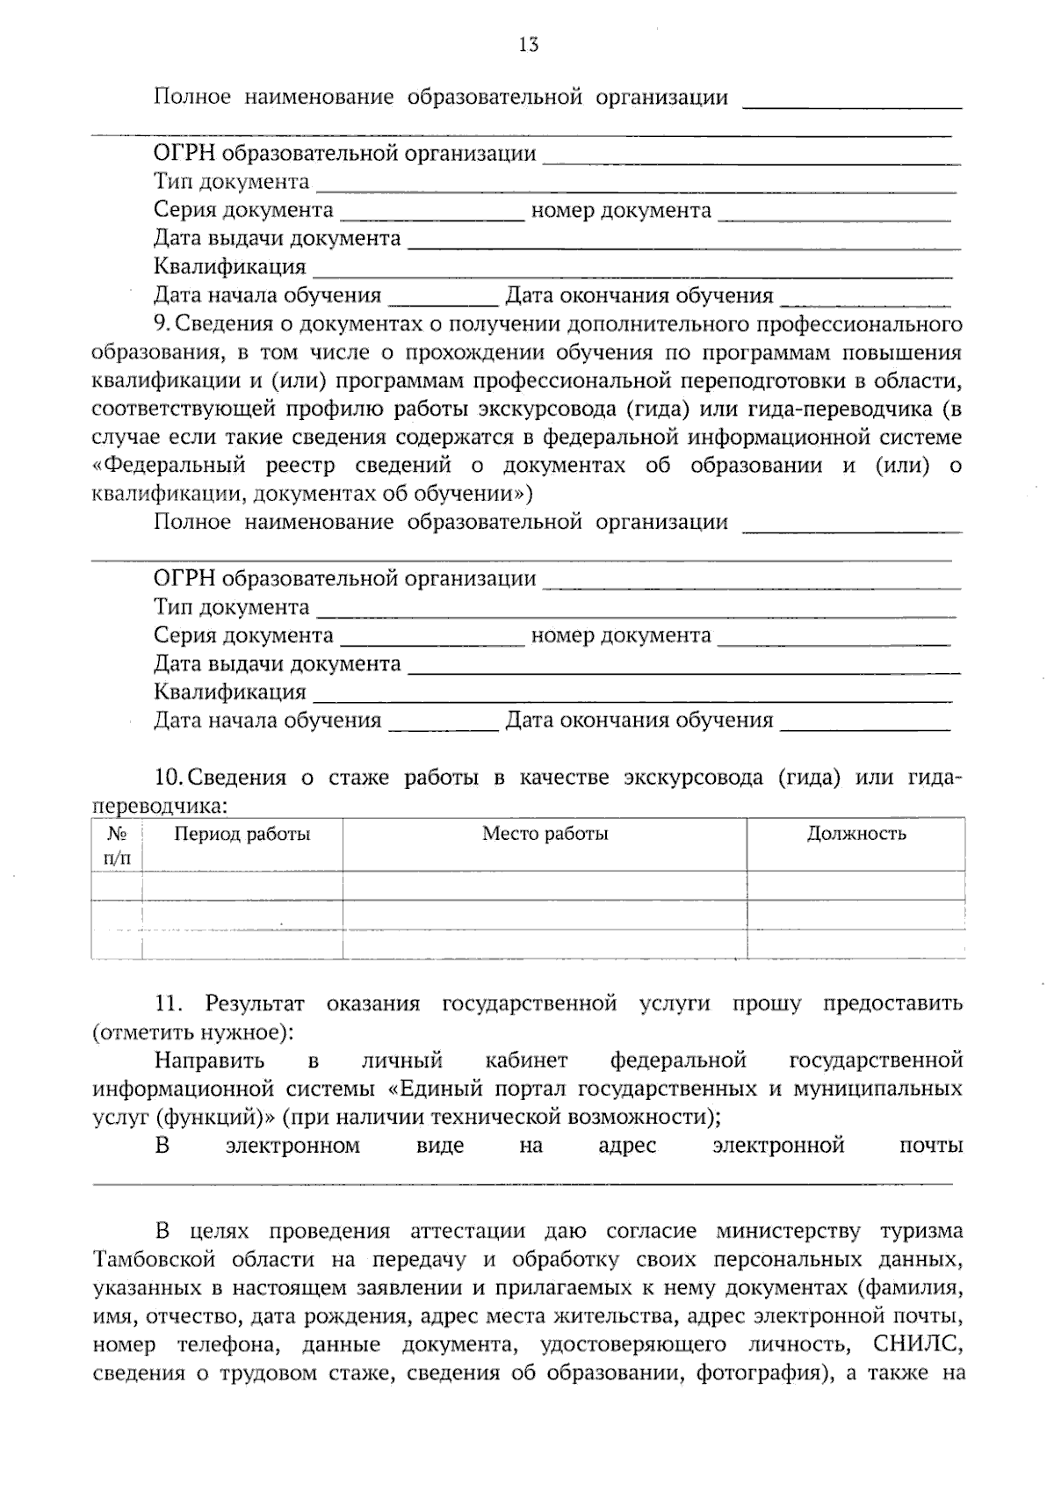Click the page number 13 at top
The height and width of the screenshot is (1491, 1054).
coord(528,45)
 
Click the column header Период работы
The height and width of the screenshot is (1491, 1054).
coord(242,834)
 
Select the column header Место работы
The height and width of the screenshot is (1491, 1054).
coord(545,834)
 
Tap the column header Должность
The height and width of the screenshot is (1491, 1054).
coord(855,834)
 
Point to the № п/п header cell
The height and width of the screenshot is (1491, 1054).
coord(117,845)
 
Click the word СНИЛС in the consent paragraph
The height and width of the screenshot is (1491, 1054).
coord(918,1344)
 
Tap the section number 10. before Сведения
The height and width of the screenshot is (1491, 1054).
coord(169,778)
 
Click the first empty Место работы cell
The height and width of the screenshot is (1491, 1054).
coord(545,886)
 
